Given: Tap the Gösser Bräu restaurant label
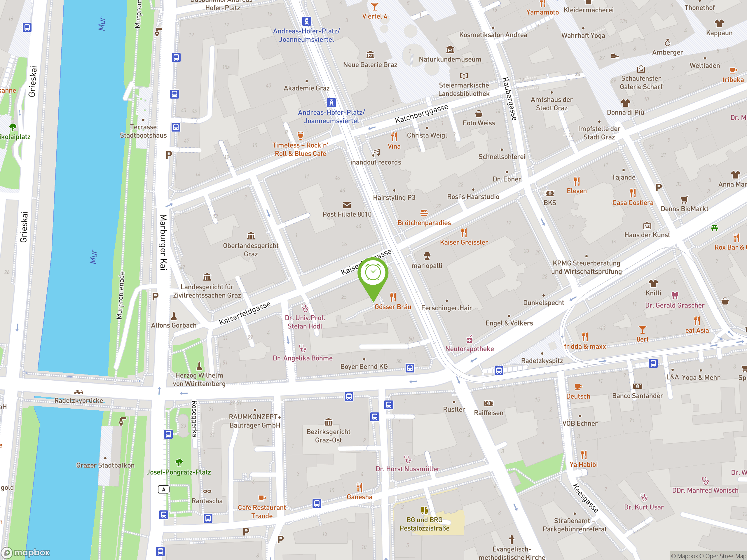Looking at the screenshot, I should [x=393, y=307].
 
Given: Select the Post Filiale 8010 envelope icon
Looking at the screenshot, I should [x=347, y=205].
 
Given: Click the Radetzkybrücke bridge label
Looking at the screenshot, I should [x=79, y=401].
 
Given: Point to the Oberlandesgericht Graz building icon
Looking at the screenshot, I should [x=251, y=236].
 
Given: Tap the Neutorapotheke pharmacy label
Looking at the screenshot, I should [x=470, y=349].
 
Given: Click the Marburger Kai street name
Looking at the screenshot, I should [x=163, y=242].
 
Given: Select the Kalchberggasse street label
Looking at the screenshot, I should [x=421, y=114].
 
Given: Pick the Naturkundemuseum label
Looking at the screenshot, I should [x=450, y=60].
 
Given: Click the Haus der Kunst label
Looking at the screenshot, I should [x=647, y=235].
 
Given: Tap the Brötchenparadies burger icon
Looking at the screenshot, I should [x=424, y=213].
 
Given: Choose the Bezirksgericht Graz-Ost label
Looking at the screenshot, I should [x=328, y=436].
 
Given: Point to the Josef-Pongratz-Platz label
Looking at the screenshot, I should [x=179, y=472].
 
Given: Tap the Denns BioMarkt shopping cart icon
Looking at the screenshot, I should [x=684, y=199].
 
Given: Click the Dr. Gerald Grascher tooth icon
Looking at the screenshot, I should [x=675, y=296].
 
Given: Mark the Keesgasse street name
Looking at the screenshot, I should [x=585, y=498].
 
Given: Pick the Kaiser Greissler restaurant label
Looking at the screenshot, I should [x=464, y=242].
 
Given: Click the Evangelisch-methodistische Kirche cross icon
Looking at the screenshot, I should [x=512, y=539].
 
